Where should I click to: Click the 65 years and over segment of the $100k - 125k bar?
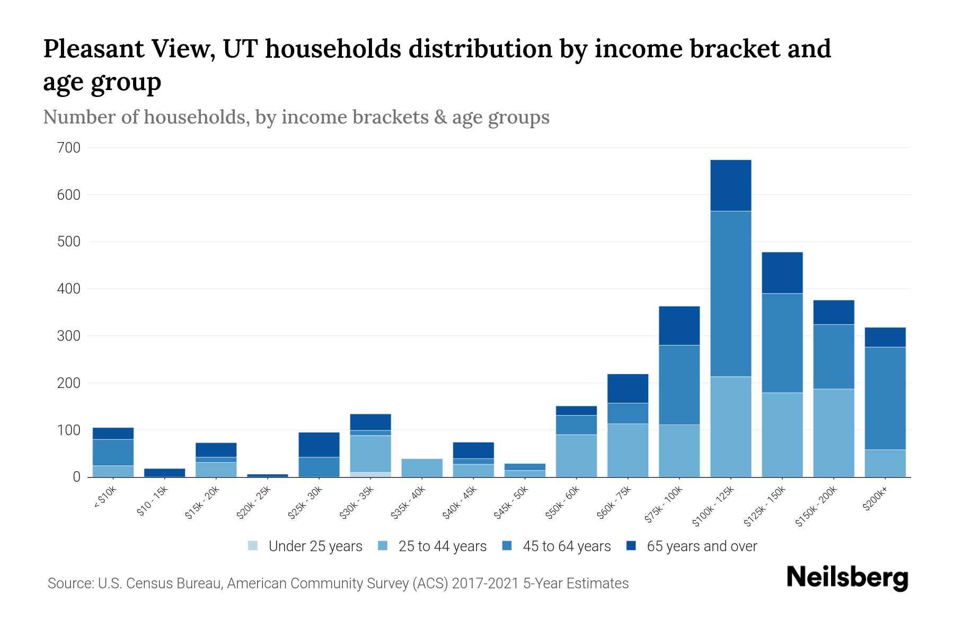(730, 185)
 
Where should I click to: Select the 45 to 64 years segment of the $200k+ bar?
(885, 398)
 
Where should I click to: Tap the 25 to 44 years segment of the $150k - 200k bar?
(834, 433)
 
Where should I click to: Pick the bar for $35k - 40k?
(422, 467)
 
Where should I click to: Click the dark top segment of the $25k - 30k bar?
(319, 445)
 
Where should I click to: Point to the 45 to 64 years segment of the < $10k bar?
(113, 452)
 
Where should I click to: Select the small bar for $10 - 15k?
(164, 472)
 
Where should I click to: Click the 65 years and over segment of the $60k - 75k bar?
(628, 388)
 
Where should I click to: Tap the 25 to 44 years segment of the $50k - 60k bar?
(576, 456)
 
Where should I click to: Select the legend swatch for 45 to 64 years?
(507, 546)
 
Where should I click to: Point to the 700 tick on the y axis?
(68, 148)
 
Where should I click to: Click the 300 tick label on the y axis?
(68, 336)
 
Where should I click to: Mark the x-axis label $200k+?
(875, 500)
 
